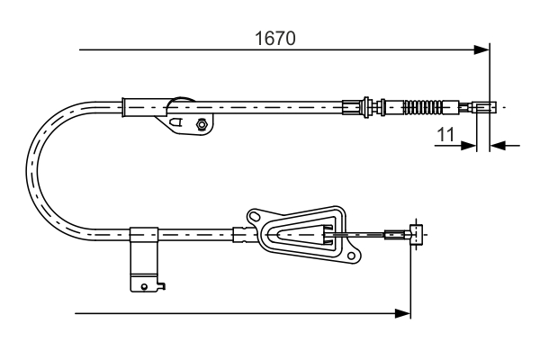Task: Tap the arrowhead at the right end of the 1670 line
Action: [x=482, y=49]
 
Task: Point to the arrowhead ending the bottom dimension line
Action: [x=404, y=313]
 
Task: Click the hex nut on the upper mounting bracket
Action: [x=202, y=124]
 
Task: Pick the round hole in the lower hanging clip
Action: [x=144, y=287]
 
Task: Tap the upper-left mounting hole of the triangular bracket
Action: [x=254, y=216]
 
